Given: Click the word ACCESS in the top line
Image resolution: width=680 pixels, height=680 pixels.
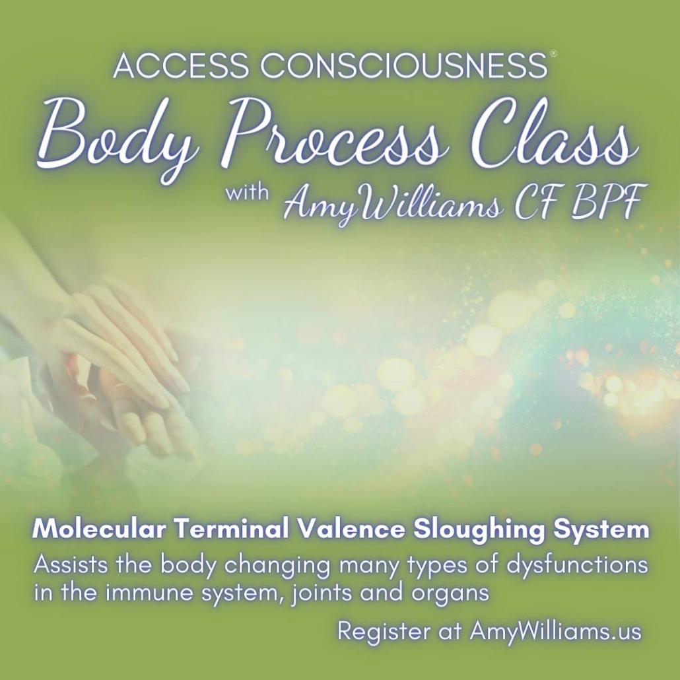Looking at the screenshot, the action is [x=180, y=65].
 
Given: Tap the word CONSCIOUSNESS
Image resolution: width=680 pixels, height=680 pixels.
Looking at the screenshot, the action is [x=404, y=65].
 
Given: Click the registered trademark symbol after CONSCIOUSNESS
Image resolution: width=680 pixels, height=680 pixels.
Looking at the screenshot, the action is [x=553, y=53].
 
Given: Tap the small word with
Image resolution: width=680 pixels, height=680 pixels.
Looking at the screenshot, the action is [x=247, y=192].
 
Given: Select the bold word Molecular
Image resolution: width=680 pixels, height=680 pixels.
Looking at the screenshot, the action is [x=99, y=529].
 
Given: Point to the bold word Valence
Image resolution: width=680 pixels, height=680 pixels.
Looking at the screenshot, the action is [x=351, y=529].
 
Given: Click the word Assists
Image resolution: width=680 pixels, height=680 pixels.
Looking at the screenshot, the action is [x=71, y=564].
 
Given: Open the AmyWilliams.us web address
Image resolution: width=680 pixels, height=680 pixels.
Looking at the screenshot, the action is [x=555, y=631].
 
